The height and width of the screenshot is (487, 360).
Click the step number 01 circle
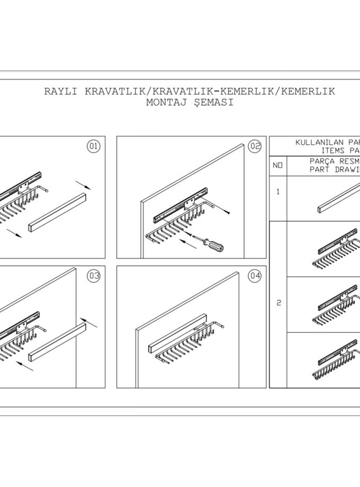pos(93,147)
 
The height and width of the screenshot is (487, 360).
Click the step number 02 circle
pos(255,147)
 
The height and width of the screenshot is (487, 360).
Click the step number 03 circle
pos(93,275)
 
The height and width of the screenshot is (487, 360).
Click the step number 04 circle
pos(255,275)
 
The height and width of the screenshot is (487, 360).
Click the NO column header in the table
pos(278,166)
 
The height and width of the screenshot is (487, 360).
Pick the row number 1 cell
pos(278,192)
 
